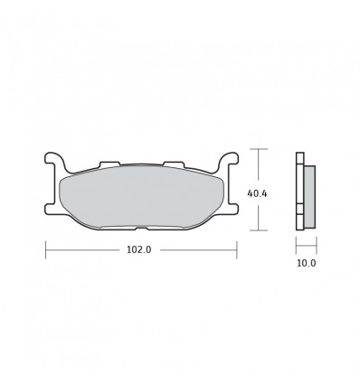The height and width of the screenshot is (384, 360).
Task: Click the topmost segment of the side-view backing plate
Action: (x=300, y=158)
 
